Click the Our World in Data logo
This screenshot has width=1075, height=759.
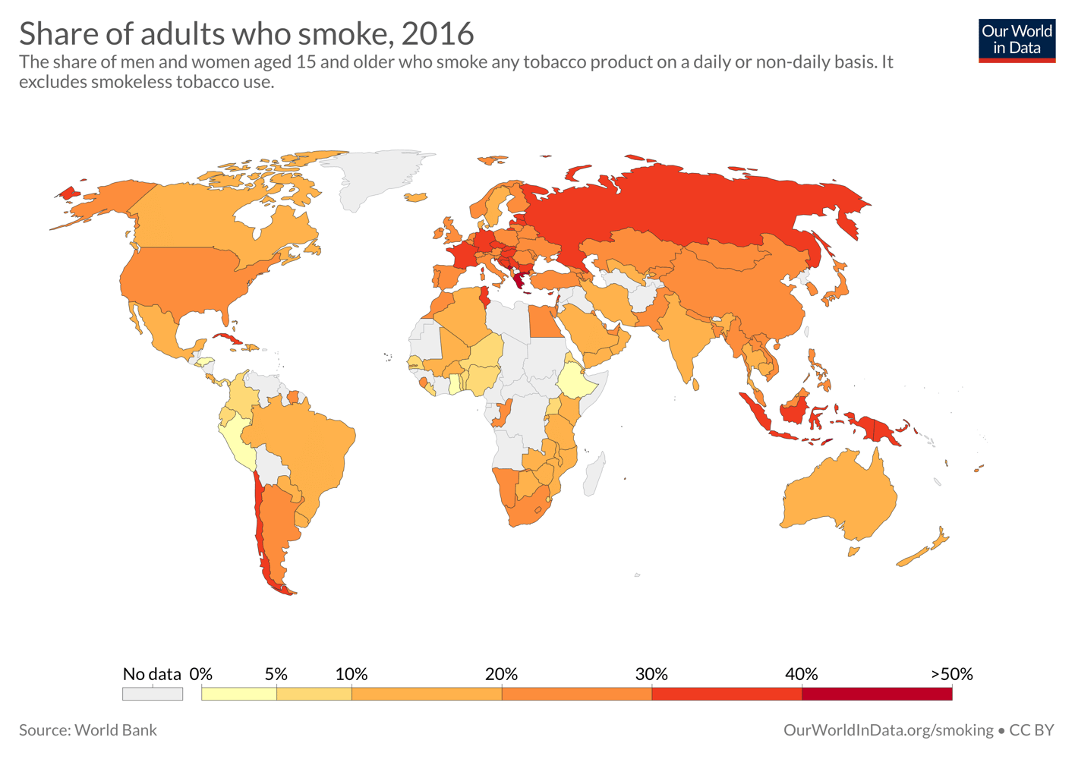pyautogui.click(x=1017, y=40)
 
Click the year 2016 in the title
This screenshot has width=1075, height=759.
pyautogui.click(x=437, y=33)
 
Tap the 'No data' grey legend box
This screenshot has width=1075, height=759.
pyautogui.click(x=153, y=694)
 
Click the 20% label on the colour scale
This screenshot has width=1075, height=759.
pyautogui.click(x=501, y=674)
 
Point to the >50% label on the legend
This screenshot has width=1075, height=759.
pyautogui.click(x=951, y=674)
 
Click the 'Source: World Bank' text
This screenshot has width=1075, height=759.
pyautogui.click(x=88, y=730)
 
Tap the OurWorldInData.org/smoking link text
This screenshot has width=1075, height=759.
pyautogui.click(x=887, y=730)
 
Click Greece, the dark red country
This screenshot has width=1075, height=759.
pyautogui.click(x=519, y=282)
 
